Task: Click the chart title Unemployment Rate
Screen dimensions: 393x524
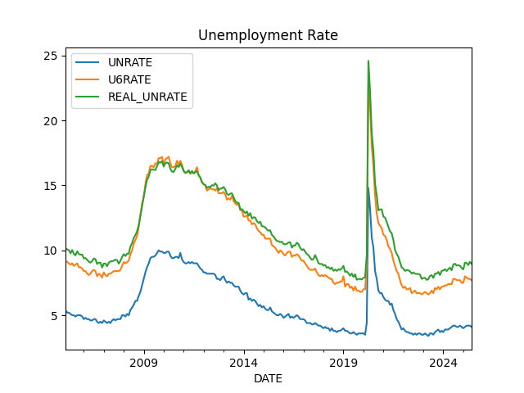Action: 268,35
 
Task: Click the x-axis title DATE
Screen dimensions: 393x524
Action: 268,378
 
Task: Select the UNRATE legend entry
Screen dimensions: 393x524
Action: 129,62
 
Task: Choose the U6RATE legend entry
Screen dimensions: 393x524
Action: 129,79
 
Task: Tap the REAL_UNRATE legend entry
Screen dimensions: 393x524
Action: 147,97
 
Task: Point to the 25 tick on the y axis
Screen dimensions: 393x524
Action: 49,56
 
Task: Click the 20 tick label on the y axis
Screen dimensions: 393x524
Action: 49,120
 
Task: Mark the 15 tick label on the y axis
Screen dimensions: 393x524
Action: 49,185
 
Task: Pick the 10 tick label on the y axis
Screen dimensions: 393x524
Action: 49,251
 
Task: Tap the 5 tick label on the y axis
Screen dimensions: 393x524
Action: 52,315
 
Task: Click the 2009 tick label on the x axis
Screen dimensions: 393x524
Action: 144,363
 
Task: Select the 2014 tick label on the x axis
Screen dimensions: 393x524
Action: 244,363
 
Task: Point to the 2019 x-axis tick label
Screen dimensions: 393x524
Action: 343,363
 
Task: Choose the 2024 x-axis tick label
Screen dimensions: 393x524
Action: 443,363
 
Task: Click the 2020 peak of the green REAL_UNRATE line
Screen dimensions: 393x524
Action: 368,61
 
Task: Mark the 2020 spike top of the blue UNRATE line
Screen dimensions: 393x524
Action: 368,187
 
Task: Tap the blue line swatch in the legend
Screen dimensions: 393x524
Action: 89,62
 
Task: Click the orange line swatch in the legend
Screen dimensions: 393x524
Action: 89,79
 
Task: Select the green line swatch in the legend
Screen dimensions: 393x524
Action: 89,97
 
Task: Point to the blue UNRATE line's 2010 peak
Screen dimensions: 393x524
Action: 160,251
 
